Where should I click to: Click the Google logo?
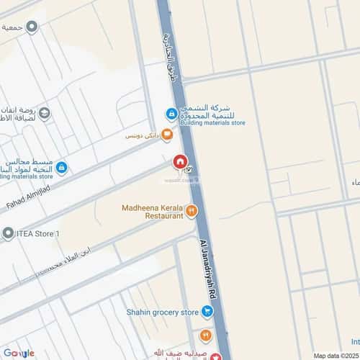[x=19, y=353]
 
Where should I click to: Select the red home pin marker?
[x=178, y=163]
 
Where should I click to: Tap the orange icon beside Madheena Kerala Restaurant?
[x=192, y=211]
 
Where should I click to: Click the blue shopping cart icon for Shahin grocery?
[x=207, y=312]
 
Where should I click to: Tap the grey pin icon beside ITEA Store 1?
[x=8, y=233]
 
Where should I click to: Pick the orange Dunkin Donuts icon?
[x=167, y=133]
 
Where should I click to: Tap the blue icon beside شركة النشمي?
[x=172, y=113]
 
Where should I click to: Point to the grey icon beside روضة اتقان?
[x=45, y=113]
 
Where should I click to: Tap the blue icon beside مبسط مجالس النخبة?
[x=62, y=168]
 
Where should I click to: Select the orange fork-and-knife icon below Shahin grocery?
[x=205, y=334]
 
